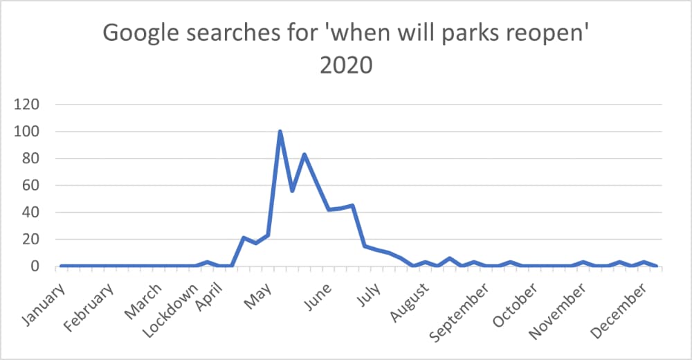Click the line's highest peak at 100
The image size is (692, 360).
280,132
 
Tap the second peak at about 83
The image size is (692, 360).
304,154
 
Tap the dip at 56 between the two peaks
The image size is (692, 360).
292,190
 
